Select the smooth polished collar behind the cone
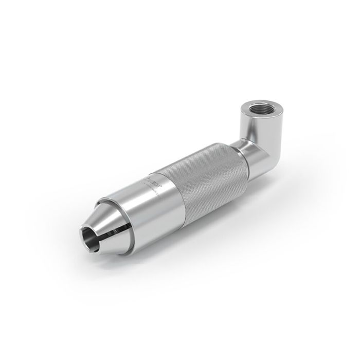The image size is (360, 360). (149, 198)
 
